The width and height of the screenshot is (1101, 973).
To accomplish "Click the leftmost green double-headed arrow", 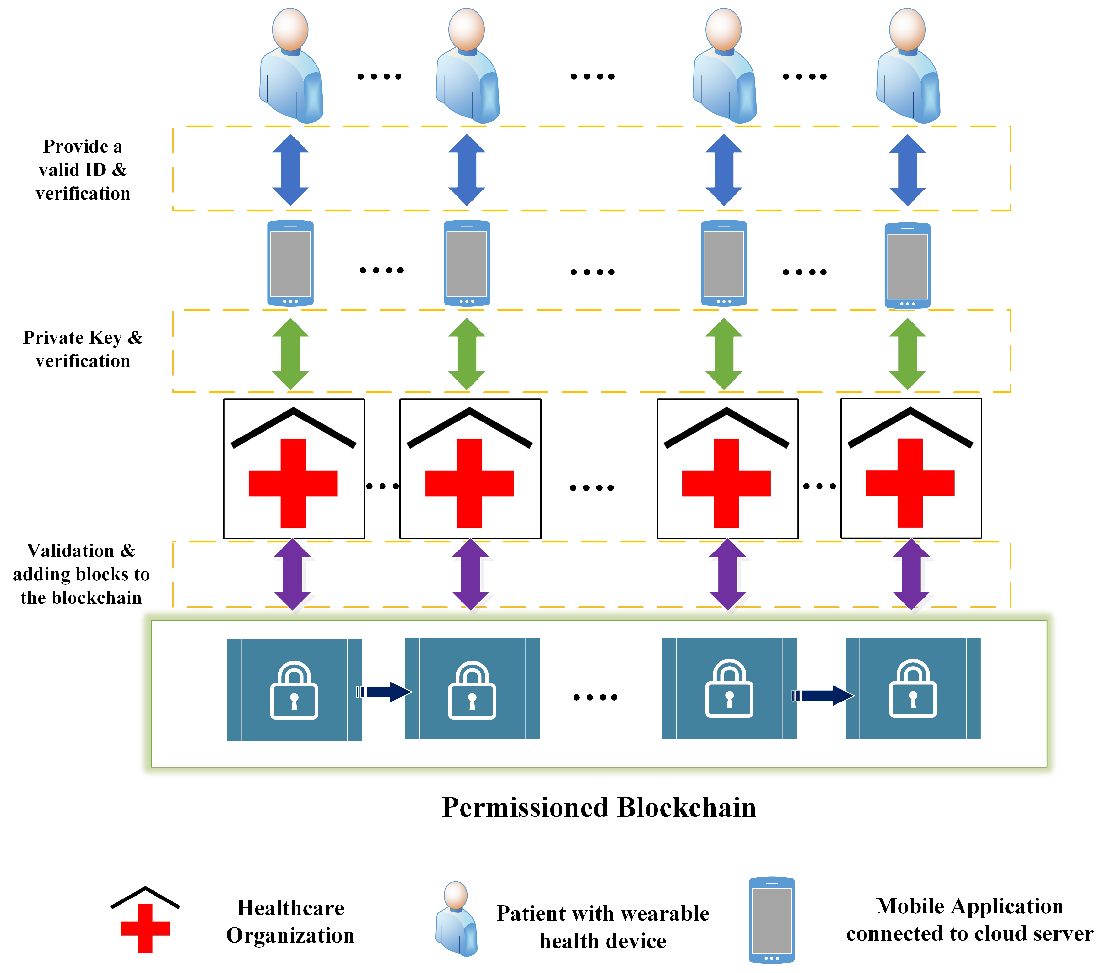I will pyautogui.click(x=290, y=354).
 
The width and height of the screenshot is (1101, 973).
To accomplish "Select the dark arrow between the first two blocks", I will pyautogui.click(x=385, y=692).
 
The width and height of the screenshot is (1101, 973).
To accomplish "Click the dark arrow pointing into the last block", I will pyautogui.click(x=824, y=696).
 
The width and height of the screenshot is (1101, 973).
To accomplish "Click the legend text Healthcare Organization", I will pyautogui.click(x=290, y=921).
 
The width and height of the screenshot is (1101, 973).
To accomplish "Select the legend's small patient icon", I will pyautogui.click(x=456, y=918).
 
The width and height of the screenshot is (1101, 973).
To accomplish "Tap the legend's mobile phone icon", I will pyautogui.click(x=771, y=920).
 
